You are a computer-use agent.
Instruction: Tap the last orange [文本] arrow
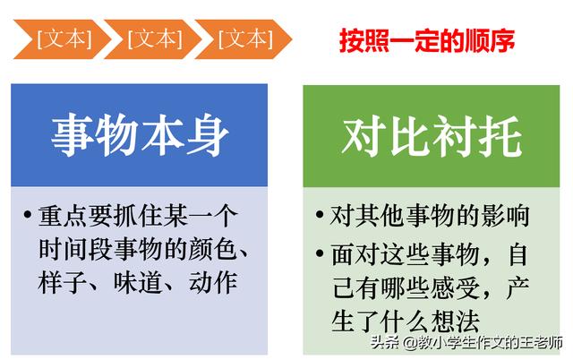coord(244,39)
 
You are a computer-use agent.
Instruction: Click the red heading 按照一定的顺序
coord(427,40)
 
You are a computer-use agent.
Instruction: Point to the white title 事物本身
coord(140,135)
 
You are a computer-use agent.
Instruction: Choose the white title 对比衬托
coord(432,136)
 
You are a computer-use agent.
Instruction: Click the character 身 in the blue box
coord(208,135)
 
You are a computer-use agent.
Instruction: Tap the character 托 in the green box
coord(500,136)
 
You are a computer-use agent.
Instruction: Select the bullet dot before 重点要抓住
coord(28,214)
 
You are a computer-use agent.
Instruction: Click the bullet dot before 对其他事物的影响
coord(320,215)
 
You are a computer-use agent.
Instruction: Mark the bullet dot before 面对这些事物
coord(320,253)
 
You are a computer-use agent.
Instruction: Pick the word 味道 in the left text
coord(137,282)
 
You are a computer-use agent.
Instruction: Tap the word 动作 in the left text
coord(213,282)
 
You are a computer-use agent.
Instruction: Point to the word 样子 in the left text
coord(62,282)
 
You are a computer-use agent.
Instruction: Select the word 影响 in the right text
coord(505,216)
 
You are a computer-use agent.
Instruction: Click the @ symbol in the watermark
coord(410,344)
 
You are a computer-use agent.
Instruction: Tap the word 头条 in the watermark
coord(386,343)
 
